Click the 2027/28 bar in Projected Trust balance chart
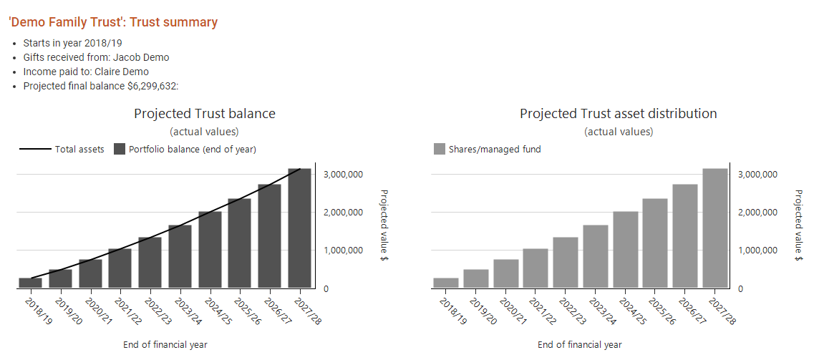299,228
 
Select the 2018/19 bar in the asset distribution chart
445,283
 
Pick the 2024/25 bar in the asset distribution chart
625,250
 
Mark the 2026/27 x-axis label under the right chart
687,312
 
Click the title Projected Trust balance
204,114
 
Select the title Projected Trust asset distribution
618,114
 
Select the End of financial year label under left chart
165,345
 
